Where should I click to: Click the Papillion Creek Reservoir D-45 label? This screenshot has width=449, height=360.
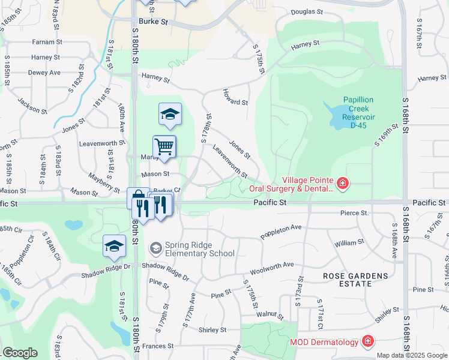359,109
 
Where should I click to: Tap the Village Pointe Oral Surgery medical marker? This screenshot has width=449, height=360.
342,183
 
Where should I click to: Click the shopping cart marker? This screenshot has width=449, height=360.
164,146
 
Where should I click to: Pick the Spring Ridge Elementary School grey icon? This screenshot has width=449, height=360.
156,248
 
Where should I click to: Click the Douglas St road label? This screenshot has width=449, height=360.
307,11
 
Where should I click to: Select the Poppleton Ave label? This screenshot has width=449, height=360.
280,231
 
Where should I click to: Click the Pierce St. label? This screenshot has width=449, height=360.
354,213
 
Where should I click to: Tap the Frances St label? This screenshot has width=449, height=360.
158,346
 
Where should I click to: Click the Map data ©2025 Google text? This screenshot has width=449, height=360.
411,355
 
